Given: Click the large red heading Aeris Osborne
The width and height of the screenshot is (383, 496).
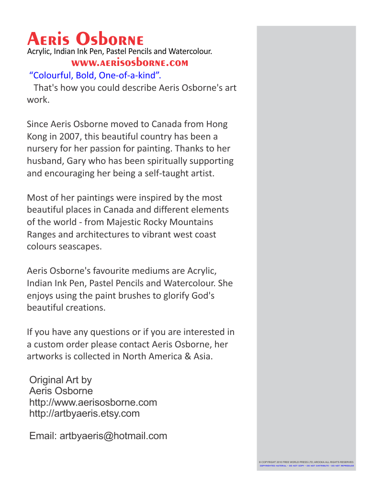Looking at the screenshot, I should click(85, 39).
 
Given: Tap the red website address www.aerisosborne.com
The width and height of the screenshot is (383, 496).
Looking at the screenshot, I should click(129, 63).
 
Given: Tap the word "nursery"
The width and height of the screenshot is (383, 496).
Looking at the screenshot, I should click(42, 149).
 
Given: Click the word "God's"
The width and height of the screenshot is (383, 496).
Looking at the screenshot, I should click(203, 295).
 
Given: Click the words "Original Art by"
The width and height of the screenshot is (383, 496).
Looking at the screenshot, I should click(60, 380).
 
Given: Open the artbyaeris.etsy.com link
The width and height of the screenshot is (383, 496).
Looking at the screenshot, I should click(84, 413).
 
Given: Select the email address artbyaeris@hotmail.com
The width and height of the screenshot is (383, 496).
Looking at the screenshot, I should click(113, 436).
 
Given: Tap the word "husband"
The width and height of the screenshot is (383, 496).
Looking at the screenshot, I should click(45, 161).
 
